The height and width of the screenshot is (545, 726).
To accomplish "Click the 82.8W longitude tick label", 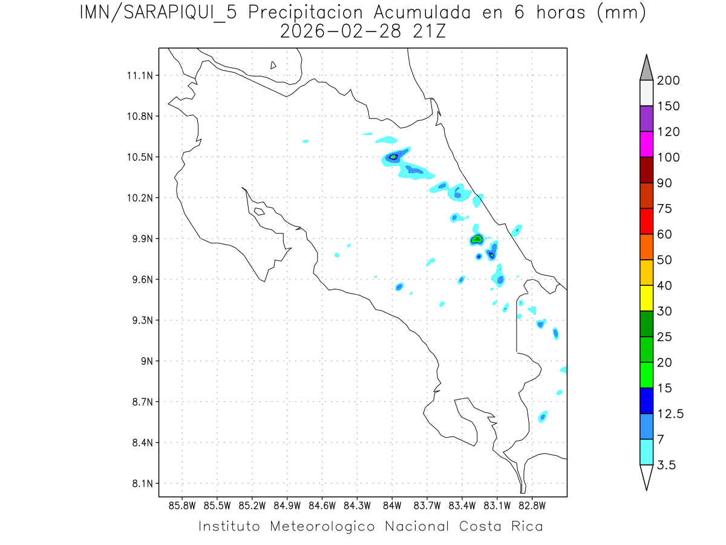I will tap(532, 505).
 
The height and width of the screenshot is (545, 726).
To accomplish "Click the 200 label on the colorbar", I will tap(667, 81).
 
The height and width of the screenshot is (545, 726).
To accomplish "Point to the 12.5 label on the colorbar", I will tap(670, 414).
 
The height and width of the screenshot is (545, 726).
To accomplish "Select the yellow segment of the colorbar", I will tap(646, 298).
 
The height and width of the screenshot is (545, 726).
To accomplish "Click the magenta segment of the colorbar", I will tap(646, 144).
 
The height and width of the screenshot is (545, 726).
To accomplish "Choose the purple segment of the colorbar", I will tap(646, 119).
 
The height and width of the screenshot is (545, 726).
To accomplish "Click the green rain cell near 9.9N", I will tap(477, 239).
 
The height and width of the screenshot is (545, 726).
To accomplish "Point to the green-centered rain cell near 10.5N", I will tap(393, 157).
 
